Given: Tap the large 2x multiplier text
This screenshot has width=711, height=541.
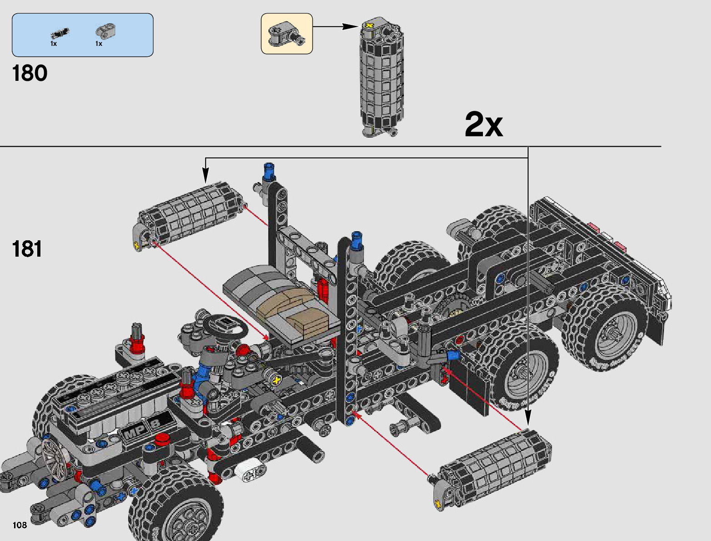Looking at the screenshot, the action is pyautogui.click(x=483, y=124).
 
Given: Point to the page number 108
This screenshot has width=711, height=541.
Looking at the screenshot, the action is pyautogui.click(x=20, y=525).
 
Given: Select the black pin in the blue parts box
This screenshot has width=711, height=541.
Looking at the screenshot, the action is pyautogui.click(x=60, y=33).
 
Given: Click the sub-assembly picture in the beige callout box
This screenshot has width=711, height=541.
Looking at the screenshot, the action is pyautogui.click(x=287, y=34).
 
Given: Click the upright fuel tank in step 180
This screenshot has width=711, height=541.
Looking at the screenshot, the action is pyautogui.click(x=382, y=77).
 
